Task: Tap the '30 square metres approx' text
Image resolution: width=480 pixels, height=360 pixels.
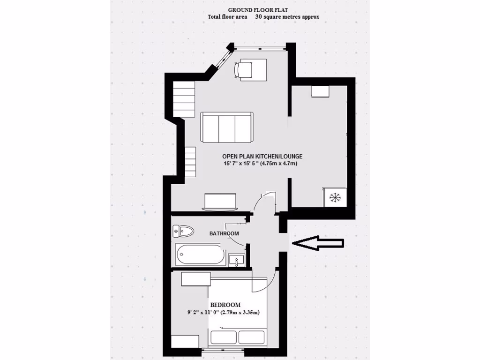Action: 287,17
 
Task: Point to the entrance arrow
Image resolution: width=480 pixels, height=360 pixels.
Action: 318,243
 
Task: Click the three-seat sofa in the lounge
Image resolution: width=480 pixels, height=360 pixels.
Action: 227,127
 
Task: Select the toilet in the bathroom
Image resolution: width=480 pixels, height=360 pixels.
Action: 183,231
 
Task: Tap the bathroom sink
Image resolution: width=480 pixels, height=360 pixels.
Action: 236,260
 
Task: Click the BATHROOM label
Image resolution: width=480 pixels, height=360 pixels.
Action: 224,233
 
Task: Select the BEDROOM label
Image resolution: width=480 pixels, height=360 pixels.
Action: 225,305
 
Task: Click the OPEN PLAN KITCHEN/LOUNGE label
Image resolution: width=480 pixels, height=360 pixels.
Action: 262,157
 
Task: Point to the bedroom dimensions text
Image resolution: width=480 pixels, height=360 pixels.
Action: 223,313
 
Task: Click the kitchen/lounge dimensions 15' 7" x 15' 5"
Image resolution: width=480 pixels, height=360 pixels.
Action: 261,164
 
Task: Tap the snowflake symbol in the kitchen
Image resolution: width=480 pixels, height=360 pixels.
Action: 335,197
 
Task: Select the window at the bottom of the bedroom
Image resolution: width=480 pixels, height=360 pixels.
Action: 220,350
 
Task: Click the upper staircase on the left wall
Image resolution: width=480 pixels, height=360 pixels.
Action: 184,98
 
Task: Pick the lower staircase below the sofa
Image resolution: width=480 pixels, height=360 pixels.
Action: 189,162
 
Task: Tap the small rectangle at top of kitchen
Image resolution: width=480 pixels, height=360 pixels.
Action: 321,91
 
